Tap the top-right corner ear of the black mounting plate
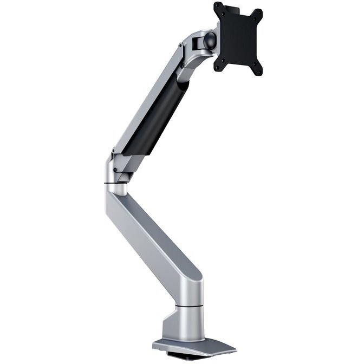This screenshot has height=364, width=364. click(258, 13)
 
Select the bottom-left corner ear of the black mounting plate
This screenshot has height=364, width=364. click(219, 68)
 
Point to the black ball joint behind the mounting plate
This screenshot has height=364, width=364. click(209, 41)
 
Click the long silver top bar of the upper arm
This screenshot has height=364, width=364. click(146, 97)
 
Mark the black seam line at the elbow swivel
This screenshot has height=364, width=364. click(116, 185)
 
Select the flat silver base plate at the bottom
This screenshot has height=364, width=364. click(195, 347)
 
